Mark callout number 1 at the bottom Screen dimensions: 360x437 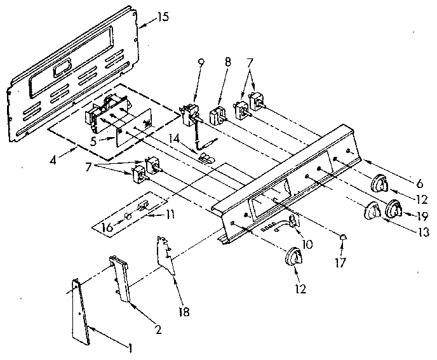pos(130,348)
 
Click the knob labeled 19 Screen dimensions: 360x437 pos(394,207)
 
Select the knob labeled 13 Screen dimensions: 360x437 pos(371,211)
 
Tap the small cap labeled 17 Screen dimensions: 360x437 pos(344,237)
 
